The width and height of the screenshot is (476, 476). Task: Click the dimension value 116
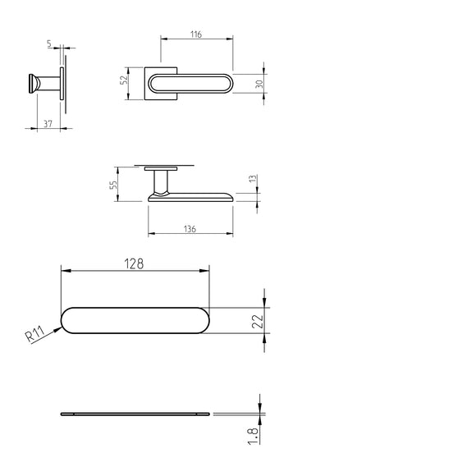pos(196,34)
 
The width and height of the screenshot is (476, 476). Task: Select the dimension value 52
pos(124,80)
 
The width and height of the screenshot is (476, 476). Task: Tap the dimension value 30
pos(259,84)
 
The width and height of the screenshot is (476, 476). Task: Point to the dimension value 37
pos(48,124)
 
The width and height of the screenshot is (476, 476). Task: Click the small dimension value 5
pos(49,43)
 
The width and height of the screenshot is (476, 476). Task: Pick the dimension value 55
pos(113,185)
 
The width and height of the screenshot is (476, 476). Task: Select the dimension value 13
pos(253,179)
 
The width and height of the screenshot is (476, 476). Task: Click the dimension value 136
pos(190,229)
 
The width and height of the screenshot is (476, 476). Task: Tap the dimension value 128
pos(134,263)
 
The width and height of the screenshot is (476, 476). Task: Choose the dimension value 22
pos(258,321)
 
